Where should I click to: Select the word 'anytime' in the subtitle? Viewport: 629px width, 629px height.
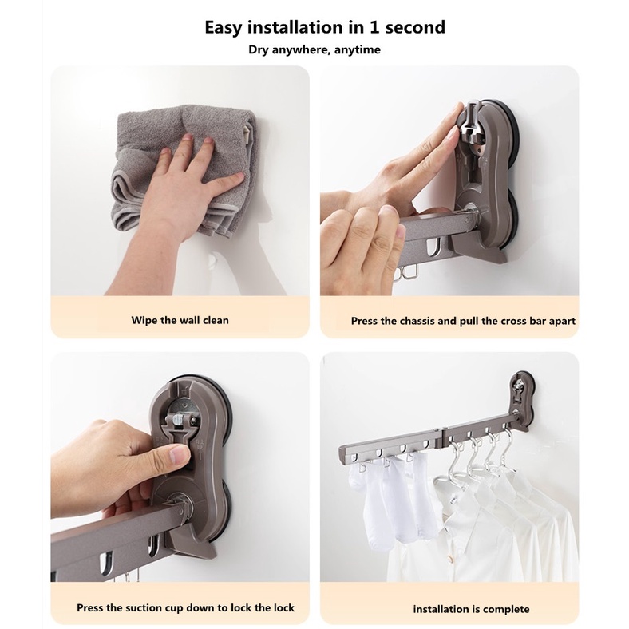[x=358, y=50]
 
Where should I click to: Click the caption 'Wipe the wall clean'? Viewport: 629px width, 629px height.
[x=180, y=320]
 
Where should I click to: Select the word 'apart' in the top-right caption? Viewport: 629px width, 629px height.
[x=562, y=322]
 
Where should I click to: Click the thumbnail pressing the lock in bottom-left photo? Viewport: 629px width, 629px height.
[x=180, y=455]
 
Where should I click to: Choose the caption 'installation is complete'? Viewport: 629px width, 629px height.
[x=471, y=609]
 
